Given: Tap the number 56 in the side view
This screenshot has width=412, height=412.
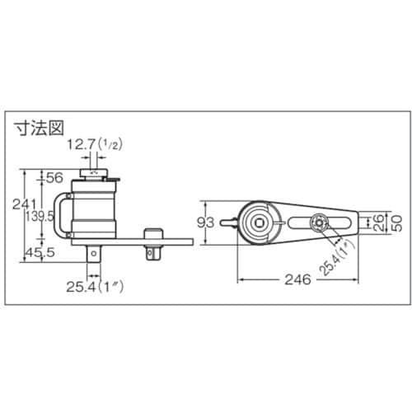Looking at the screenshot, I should (x=55, y=177).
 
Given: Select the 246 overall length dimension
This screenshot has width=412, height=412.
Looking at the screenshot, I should (x=295, y=279).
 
